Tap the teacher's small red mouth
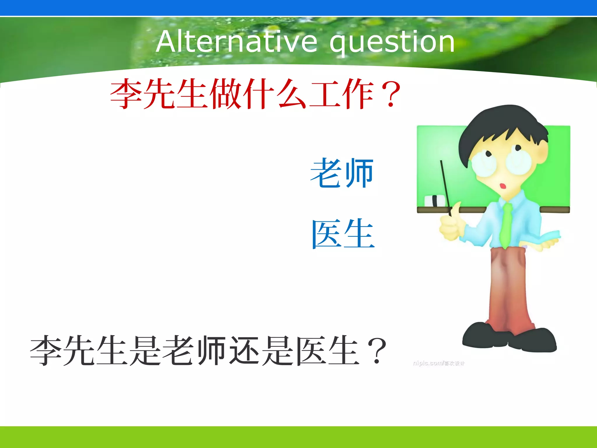click(503, 186)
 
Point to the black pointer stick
click(445, 187)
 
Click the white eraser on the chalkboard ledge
click(434, 201)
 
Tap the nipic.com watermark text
click(438, 363)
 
